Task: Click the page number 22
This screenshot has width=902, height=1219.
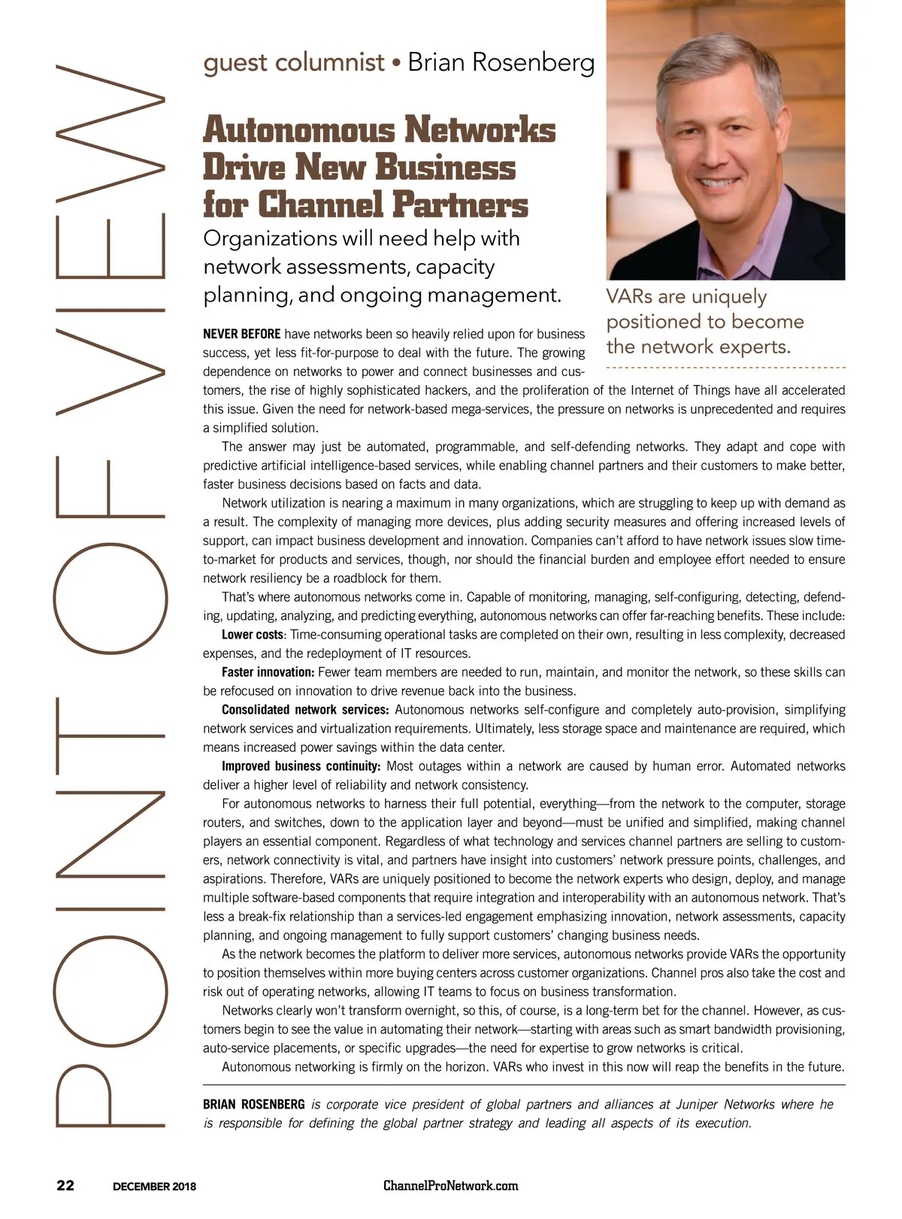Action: (65, 1186)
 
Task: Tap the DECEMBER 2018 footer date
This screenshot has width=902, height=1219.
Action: (154, 1187)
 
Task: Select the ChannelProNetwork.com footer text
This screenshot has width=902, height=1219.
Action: (451, 1186)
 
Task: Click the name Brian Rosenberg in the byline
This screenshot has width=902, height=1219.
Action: (501, 62)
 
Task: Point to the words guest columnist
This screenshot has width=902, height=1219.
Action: (294, 62)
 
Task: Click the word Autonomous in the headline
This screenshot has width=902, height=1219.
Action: (298, 130)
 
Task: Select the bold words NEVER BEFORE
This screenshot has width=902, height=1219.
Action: (242, 334)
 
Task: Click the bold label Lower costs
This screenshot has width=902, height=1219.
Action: (253, 635)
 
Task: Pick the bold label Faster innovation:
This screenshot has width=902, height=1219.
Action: (268, 672)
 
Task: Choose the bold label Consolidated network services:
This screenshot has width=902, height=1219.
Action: (304, 710)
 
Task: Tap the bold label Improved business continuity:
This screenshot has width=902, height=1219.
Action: (301, 766)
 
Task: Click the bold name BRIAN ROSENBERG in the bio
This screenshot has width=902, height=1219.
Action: (254, 1105)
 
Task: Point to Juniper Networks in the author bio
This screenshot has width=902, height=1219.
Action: (725, 1105)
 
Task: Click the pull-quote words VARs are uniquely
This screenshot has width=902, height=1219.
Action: (686, 297)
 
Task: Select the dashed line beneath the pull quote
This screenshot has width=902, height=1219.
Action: (725, 368)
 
